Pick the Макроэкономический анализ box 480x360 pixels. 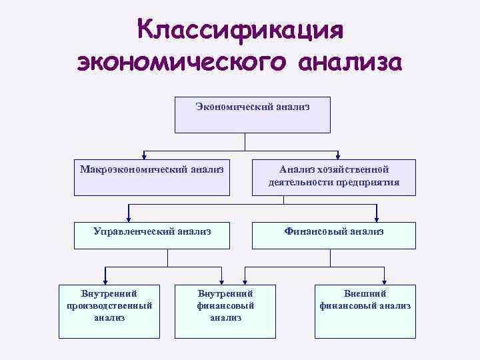tap(151, 177)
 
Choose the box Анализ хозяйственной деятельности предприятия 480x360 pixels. tap(334, 177)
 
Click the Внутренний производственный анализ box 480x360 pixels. tap(109, 311)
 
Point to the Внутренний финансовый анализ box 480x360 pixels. tap(225, 311)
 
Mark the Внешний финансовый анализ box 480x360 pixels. tap(365, 311)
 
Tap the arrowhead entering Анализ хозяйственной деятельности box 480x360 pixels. tap(339, 156)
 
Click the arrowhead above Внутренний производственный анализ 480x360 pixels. tap(105, 281)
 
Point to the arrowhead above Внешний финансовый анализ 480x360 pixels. tap(385, 281)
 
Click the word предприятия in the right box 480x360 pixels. tap(367, 182)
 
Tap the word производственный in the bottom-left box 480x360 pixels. tap(109, 305)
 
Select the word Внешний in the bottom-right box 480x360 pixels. tap(365, 293)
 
